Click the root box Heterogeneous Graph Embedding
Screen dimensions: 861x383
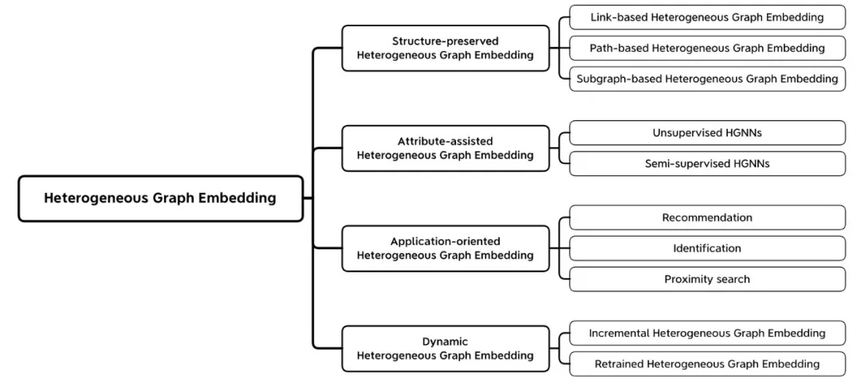tap(160, 198)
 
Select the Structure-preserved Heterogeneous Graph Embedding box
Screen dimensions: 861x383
tap(446, 49)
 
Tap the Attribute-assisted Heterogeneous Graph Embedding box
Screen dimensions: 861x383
tap(446, 148)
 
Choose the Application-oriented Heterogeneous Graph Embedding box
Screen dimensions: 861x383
tap(446, 248)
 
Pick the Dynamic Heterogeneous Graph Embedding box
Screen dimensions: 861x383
tap(446, 349)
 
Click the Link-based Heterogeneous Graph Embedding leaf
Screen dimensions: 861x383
tap(707, 17)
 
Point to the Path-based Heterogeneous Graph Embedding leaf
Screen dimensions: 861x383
tap(707, 49)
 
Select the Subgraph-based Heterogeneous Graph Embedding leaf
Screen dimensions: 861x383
tap(707, 79)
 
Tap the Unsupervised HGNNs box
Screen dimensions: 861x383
tap(707, 133)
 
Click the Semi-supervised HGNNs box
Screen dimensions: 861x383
tap(707, 163)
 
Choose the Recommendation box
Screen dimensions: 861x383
tap(707, 217)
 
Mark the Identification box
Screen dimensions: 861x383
tap(707, 248)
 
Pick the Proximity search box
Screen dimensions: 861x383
tap(707, 279)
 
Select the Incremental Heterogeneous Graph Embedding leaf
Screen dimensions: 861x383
tap(707, 333)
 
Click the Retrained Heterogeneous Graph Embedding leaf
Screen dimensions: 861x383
tap(707, 364)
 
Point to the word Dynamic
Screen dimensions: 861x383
tap(446, 342)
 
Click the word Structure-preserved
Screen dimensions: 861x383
tap(446, 41)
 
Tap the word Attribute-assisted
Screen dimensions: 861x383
tap(446, 142)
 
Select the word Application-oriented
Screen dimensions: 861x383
tap(446, 241)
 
